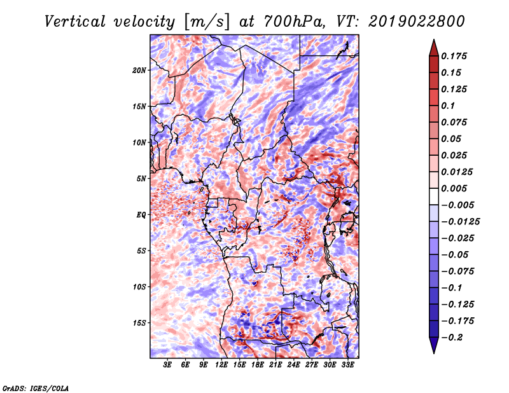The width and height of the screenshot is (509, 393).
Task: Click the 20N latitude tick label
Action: click(x=139, y=71)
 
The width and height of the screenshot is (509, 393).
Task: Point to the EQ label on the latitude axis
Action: click(x=141, y=215)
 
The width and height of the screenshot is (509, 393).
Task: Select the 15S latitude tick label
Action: click(x=139, y=323)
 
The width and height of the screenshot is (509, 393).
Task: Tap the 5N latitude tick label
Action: click(x=141, y=179)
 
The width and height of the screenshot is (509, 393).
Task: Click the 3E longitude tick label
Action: click(x=167, y=365)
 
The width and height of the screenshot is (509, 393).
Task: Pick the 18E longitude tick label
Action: click(x=258, y=365)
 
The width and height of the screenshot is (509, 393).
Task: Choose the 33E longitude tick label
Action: click(x=347, y=365)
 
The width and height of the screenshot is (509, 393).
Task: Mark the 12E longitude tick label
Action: click(x=221, y=365)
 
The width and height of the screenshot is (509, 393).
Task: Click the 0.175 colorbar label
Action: click(x=454, y=56)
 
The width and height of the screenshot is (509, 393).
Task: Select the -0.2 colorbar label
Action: click(x=452, y=338)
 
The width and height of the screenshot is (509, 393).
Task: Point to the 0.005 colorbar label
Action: click(x=454, y=188)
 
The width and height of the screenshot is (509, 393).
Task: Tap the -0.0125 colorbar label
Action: click(x=460, y=222)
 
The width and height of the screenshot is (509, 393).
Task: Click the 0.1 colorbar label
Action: click(x=448, y=106)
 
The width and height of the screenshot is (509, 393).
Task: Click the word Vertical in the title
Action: click(x=75, y=22)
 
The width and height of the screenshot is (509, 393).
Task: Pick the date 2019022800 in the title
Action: click(x=417, y=22)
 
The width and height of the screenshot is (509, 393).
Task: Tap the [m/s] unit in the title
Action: click(x=207, y=22)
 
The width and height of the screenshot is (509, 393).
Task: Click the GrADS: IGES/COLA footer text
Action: click(x=36, y=388)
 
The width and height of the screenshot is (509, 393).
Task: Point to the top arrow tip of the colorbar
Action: click(x=434, y=39)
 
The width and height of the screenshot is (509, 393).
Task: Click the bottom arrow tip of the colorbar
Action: click(x=434, y=353)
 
